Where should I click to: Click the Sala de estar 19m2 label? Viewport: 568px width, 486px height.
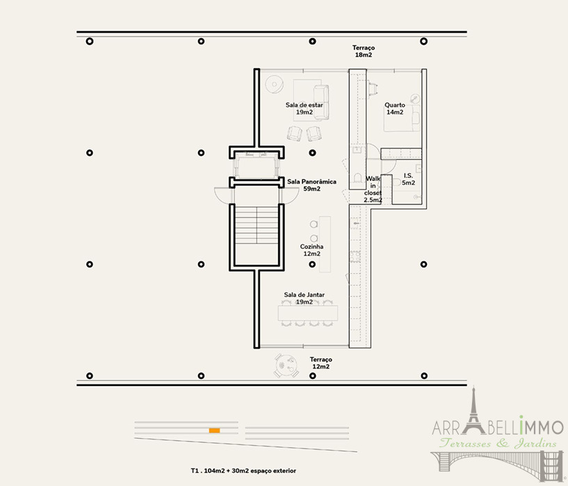point(304,108)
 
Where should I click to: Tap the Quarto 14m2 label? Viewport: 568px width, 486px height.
point(394,108)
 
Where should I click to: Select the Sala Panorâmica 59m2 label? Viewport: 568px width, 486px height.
point(311,185)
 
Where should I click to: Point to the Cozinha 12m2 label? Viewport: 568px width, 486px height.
point(311,250)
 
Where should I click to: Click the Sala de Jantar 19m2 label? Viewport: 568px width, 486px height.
point(304,298)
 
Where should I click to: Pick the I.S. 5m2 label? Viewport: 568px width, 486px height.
point(408,179)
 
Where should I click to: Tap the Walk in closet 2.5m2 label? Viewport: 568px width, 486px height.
point(373,189)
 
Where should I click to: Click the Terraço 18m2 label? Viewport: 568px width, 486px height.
point(364,51)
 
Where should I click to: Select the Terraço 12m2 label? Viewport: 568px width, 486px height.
point(320,363)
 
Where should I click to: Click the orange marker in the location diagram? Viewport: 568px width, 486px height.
point(214,430)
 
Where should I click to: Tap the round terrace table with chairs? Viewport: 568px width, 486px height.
point(286,366)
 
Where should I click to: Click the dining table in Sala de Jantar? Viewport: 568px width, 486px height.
point(308,313)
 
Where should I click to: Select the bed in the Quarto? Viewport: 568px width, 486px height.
point(402,118)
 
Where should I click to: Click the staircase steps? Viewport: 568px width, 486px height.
point(257,225)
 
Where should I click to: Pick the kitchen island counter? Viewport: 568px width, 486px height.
point(325,245)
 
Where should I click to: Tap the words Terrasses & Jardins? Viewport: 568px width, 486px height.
point(498,443)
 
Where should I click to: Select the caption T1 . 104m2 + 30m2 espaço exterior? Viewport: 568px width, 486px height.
point(243,471)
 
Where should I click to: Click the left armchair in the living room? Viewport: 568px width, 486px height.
point(295,133)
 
